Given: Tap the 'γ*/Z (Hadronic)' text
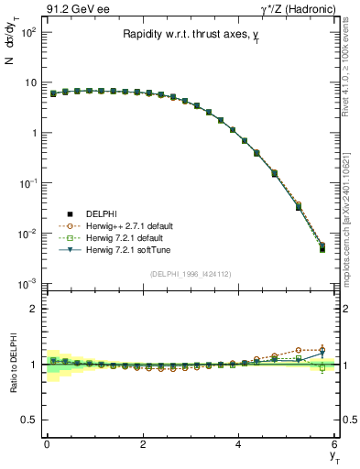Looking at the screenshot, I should click(296, 8).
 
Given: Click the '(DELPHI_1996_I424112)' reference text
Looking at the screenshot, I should click(191, 273).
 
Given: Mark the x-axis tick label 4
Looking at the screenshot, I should click(238, 444).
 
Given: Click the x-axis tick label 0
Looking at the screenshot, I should click(47, 444).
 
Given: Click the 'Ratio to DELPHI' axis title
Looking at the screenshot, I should click(11, 365).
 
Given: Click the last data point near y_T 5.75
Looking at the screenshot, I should click(322, 249).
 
